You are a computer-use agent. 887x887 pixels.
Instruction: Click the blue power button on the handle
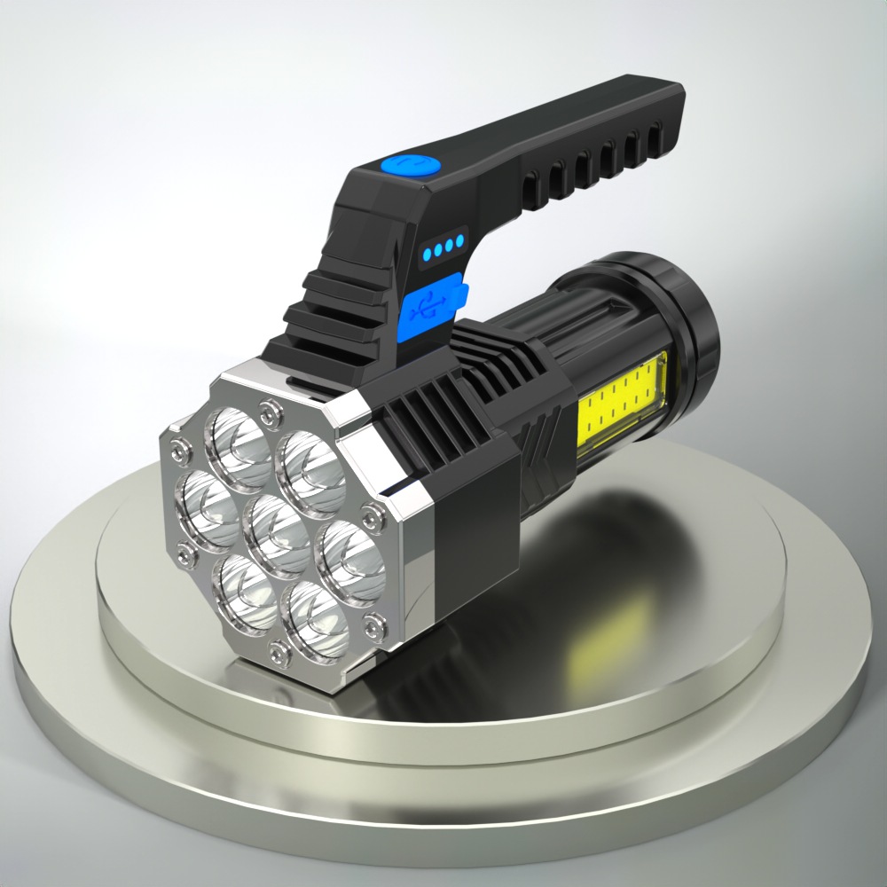[x=411, y=166]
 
